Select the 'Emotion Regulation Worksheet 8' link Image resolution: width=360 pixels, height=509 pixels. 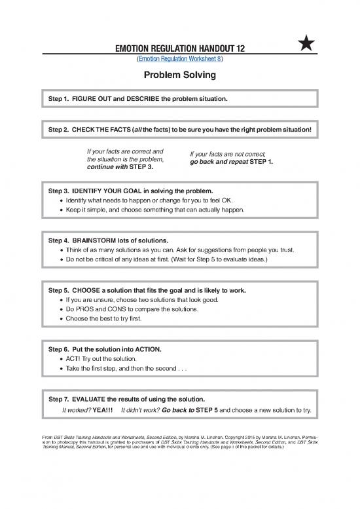click(179, 59)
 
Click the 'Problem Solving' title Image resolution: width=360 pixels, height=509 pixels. click(179, 75)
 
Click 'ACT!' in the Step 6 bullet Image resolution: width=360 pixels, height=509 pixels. click(73, 359)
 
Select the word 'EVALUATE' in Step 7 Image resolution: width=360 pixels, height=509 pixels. click(96, 398)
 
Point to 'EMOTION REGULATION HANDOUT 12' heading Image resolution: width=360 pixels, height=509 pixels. click(179, 48)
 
